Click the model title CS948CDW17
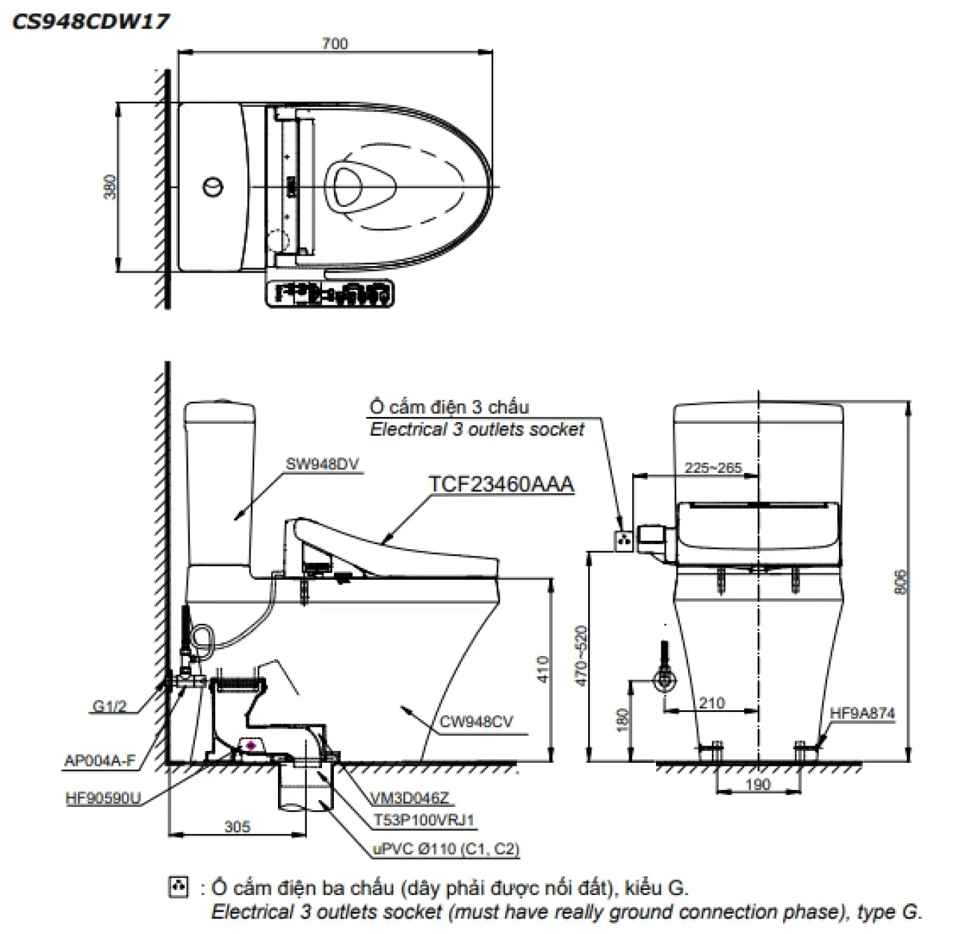pyautogui.click(x=91, y=22)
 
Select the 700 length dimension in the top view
pyautogui.click(x=335, y=43)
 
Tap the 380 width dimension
pyautogui.click(x=110, y=187)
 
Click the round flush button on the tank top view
pyautogui.click(x=214, y=187)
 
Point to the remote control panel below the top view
pyautogui.click(x=329, y=293)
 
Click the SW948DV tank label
pyautogui.click(x=322, y=464)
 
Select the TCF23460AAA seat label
pyautogui.click(x=501, y=484)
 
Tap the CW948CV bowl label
pyautogui.click(x=476, y=722)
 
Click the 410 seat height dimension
pyautogui.click(x=543, y=669)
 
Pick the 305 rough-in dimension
pyautogui.click(x=238, y=826)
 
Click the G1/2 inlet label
pyautogui.click(x=110, y=706)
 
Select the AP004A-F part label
pyautogui.click(x=100, y=761)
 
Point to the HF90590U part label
pyautogui.click(x=103, y=798)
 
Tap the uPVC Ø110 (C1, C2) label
pyautogui.click(x=446, y=849)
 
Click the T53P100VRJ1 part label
pyautogui.click(x=424, y=820)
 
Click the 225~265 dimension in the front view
pyautogui.click(x=713, y=467)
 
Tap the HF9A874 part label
pyautogui.click(x=862, y=713)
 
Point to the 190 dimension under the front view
pyautogui.click(x=757, y=785)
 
